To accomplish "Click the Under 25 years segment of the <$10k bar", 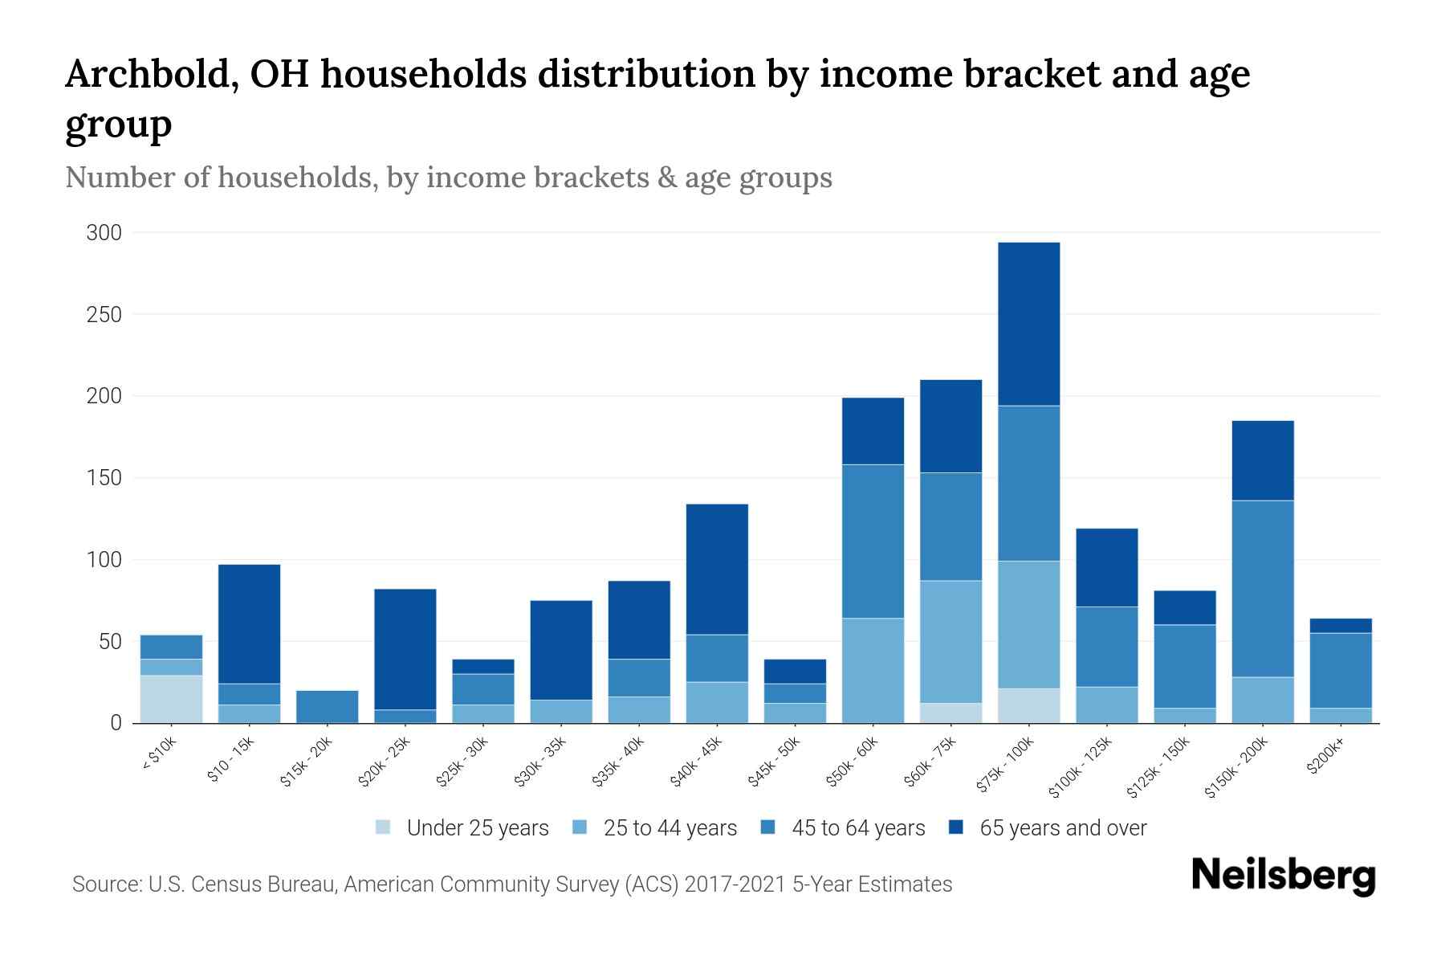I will [x=171, y=699].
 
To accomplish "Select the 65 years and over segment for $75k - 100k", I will [x=1029, y=324].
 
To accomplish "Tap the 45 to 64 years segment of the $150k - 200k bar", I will [x=1263, y=589].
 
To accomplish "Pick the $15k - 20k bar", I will [x=328, y=707].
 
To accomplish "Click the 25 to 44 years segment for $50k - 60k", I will [x=873, y=670].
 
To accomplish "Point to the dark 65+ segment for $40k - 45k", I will [x=717, y=569].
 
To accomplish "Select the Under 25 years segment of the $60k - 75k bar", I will [x=950, y=713].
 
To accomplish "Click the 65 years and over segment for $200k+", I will [x=1341, y=626].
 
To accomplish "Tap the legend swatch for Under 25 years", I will [x=384, y=827].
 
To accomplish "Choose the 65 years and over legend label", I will [x=1063, y=828].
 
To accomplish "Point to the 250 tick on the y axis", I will [x=104, y=315].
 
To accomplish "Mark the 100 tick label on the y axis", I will [x=104, y=560].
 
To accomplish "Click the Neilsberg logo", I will [x=1283, y=876].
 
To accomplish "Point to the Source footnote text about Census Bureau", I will [x=512, y=884].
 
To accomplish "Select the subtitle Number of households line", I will [x=448, y=178].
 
